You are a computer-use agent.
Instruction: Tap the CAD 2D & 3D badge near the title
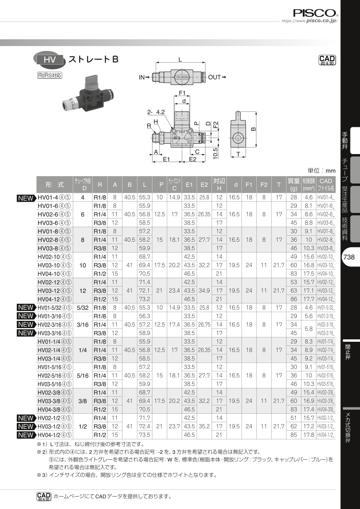coord(327,60)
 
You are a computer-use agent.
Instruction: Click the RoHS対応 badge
coord(50,75)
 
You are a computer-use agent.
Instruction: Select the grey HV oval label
coord(50,60)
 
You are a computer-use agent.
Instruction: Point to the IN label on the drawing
coord(142,77)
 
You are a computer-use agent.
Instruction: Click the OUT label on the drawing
coord(214,77)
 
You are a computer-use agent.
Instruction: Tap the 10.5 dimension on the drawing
coord(215,153)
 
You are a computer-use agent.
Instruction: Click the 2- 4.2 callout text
coord(156,112)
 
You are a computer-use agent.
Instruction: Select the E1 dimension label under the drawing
coord(166,159)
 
